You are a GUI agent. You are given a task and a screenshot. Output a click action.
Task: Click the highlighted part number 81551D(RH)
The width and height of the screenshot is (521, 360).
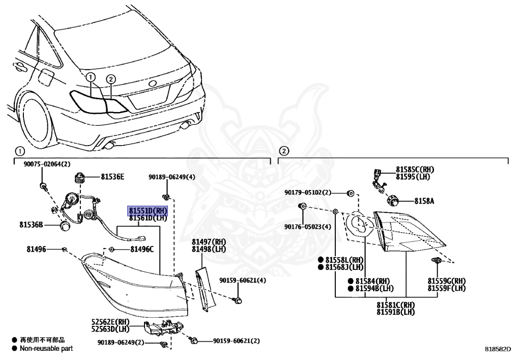[x=148, y=210]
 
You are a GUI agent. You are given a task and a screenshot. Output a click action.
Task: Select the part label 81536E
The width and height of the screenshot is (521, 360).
[x=112, y=177]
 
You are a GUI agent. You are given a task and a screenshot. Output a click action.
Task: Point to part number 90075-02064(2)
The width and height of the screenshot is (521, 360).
[x=47, y=164]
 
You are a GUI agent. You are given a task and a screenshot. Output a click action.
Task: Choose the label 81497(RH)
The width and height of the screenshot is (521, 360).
[x=209, y=241]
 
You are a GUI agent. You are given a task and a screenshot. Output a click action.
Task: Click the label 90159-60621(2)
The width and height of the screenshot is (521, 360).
[x=236, y=341]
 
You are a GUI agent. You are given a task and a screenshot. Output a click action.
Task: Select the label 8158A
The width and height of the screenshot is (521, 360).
[x=424, y=201]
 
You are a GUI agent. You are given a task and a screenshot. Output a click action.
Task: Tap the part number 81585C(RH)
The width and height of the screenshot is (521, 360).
[x=415, y=170]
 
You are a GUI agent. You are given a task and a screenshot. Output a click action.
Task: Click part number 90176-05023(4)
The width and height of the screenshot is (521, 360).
[x=307, y=227]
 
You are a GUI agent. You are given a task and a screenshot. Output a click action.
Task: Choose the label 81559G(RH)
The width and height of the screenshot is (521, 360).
[x=446, y=281]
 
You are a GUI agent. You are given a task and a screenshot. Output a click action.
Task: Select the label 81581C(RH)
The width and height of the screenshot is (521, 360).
[x=395, y=305]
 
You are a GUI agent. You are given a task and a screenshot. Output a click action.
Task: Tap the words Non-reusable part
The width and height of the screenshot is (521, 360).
[x=46, y=349]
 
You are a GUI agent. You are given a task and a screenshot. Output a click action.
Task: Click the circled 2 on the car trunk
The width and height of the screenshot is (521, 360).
[x=111, y=78]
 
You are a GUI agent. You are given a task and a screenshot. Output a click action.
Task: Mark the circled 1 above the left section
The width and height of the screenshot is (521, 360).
[x=19, y=151]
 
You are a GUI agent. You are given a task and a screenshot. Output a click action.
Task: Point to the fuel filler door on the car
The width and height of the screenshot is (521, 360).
[x=46, y=79]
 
